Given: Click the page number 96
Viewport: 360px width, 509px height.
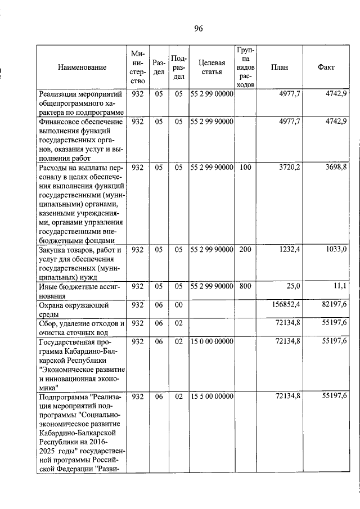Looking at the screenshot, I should tap(198, 29).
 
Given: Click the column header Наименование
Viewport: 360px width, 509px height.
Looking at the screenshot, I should tap(82, 67).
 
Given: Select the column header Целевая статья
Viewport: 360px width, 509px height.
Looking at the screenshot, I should tap(211, 67).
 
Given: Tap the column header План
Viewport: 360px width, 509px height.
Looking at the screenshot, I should tap(279, 67).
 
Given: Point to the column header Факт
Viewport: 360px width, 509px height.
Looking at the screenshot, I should tap(326, 67).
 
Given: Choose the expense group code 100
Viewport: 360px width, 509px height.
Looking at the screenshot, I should tap(245, 168).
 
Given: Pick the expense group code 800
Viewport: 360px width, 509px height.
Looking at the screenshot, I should tap(245, 286).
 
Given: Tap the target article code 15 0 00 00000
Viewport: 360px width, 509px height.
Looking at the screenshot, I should tap(211, 341).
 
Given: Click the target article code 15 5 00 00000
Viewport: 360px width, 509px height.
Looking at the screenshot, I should tap(211, 397).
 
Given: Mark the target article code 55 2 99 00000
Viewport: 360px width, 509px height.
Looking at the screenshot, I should tap(211, 94).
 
